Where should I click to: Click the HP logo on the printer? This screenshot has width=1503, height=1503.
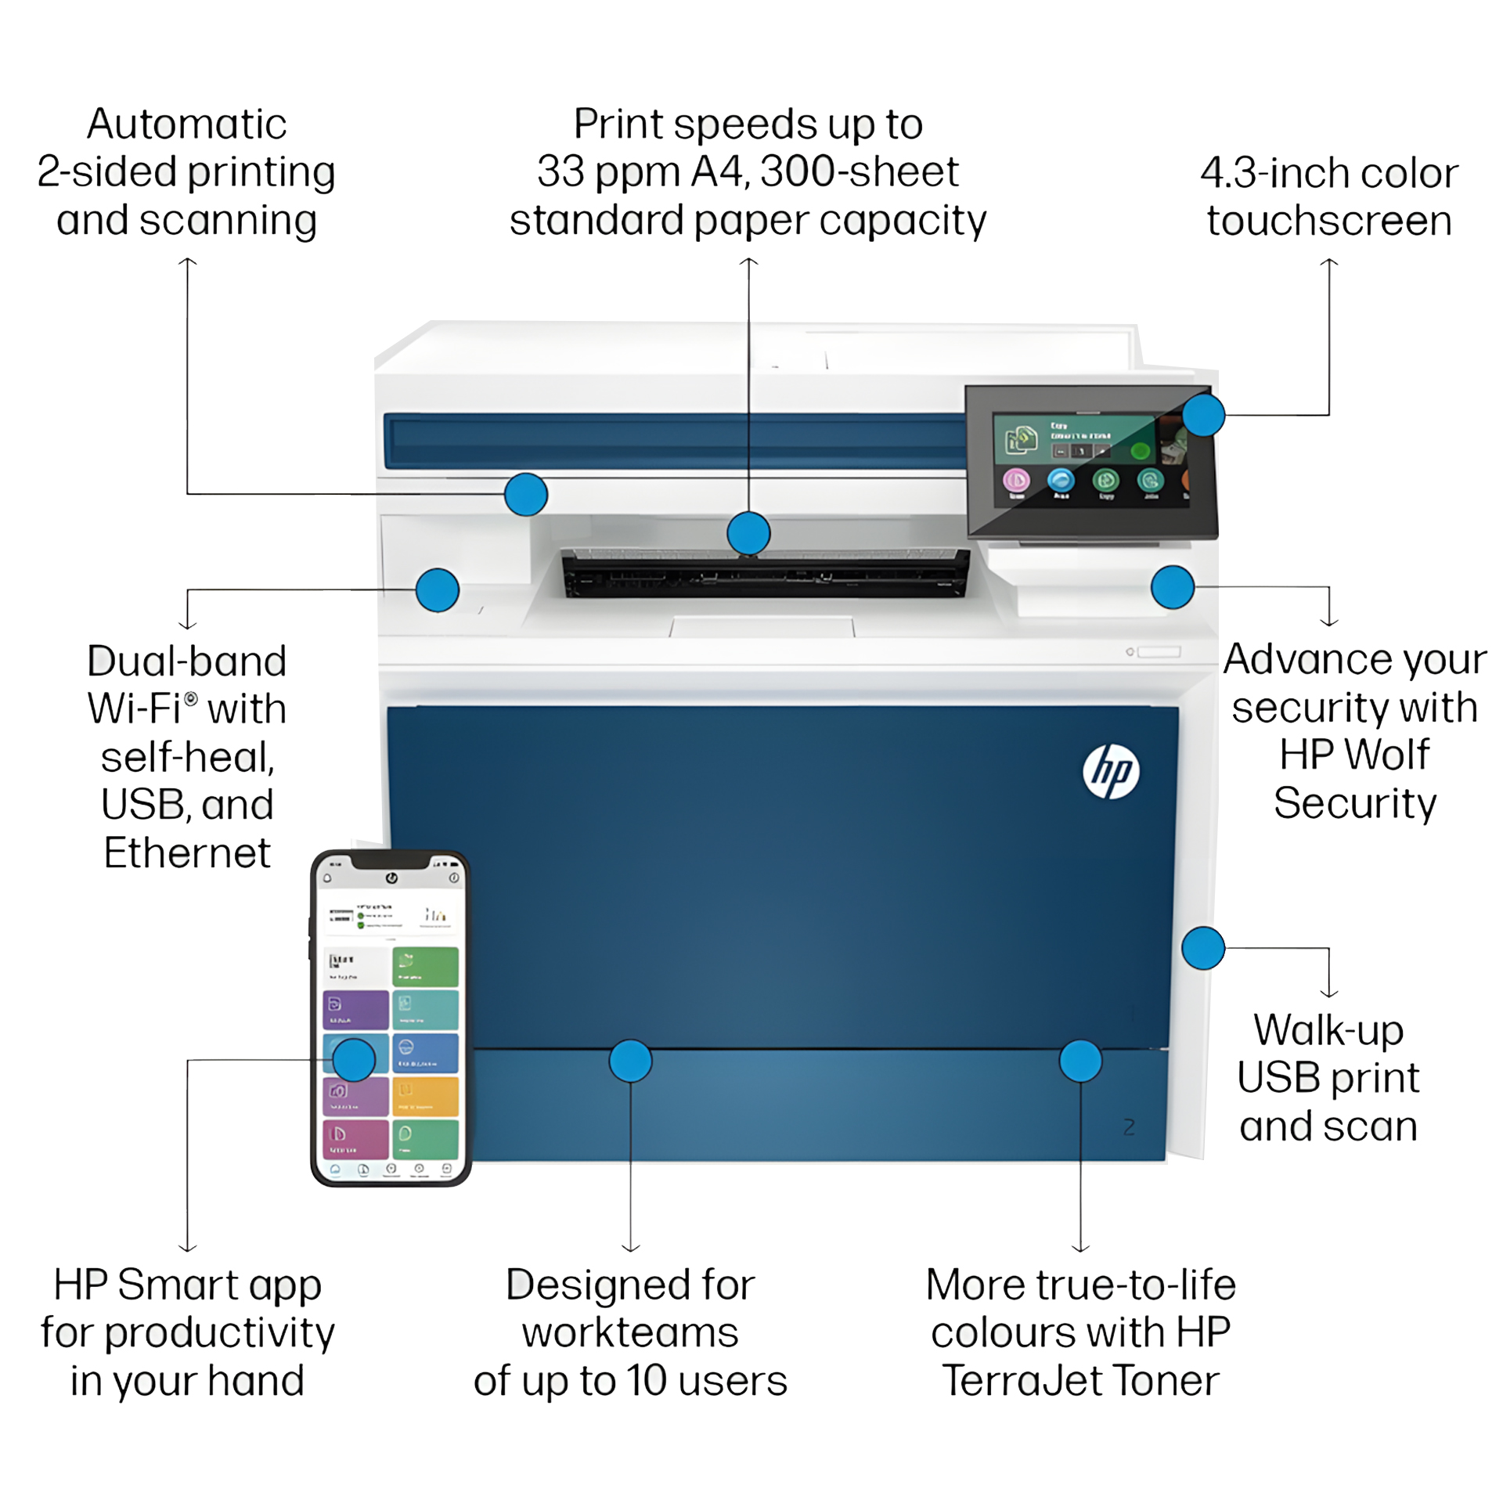point(1111,771)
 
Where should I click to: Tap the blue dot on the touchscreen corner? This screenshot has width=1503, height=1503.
point(1203,414)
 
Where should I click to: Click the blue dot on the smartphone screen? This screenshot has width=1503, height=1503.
point(354,1060)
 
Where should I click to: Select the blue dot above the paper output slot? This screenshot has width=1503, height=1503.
point(748,533)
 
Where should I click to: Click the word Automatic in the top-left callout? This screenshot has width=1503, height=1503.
point(187,124)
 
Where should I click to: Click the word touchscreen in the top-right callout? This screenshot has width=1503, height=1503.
point(1329,221)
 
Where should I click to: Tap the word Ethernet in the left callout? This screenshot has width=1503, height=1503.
point(187,852)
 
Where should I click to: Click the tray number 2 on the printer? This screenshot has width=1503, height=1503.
point(1129,1127)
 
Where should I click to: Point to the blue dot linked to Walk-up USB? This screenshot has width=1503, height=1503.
point(1203,948)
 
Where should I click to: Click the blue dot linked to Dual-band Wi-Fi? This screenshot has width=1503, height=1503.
point(438,589)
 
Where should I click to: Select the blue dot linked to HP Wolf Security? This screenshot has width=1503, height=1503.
point(1173,586)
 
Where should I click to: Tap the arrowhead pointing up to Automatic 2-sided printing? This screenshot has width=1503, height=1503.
point(187,263)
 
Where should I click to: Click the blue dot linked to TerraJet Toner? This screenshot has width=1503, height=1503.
point(1080,1061)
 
